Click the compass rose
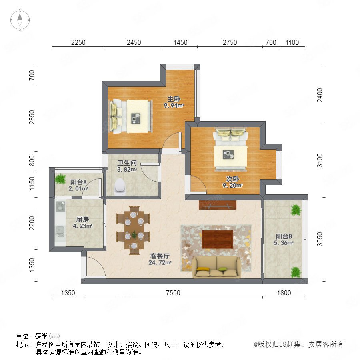click(x=20, y=20)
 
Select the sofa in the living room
click(x=216, y=267)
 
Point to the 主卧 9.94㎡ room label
click(x=174, y=102)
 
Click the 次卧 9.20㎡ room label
click(x=232, y=182)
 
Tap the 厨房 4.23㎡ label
click(x=82, y=222)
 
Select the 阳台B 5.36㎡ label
click(x=284, y=240)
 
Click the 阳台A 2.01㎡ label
click(x=78, y=185)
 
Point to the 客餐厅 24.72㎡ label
click(x=160, y=259)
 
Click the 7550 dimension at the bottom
click(x=173, y=293)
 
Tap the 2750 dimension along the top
click(x=230, y=42)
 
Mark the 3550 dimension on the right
click(x=320, y=239)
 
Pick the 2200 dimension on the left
click(x=32, y=223)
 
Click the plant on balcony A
click(x=60, y=179)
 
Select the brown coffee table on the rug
click(x=218, y=239)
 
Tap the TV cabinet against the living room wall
click(x=218, y=205)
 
